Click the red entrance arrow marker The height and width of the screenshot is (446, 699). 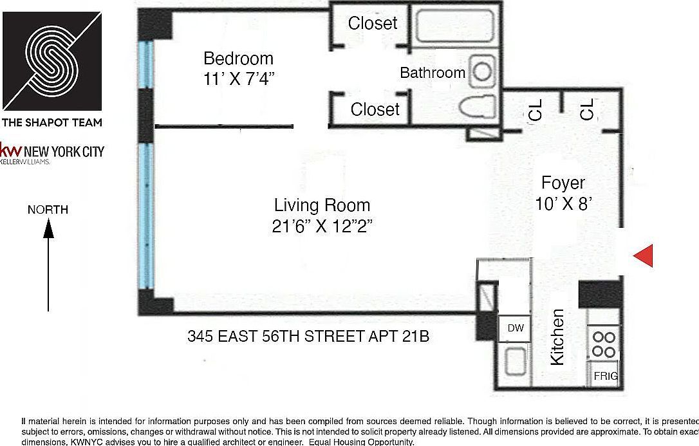click(x=644, y=256)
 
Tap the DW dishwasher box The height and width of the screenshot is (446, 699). click(x=515, y=328)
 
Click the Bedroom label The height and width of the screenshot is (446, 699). click(x=238, y=59)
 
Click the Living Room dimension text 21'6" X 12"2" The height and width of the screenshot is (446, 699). click(x=322, y=226)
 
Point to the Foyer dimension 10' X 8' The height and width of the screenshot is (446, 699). click(x=563, y=204)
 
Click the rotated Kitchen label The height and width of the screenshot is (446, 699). click(x=557, y=337)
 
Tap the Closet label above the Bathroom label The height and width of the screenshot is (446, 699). click(x=373, y=23)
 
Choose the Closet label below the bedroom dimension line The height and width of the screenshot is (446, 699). click(x=375, y=109)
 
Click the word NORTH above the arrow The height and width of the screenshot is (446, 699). click(x=48, y=210)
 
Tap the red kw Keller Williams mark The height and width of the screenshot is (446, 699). click(x=10, y=151)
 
